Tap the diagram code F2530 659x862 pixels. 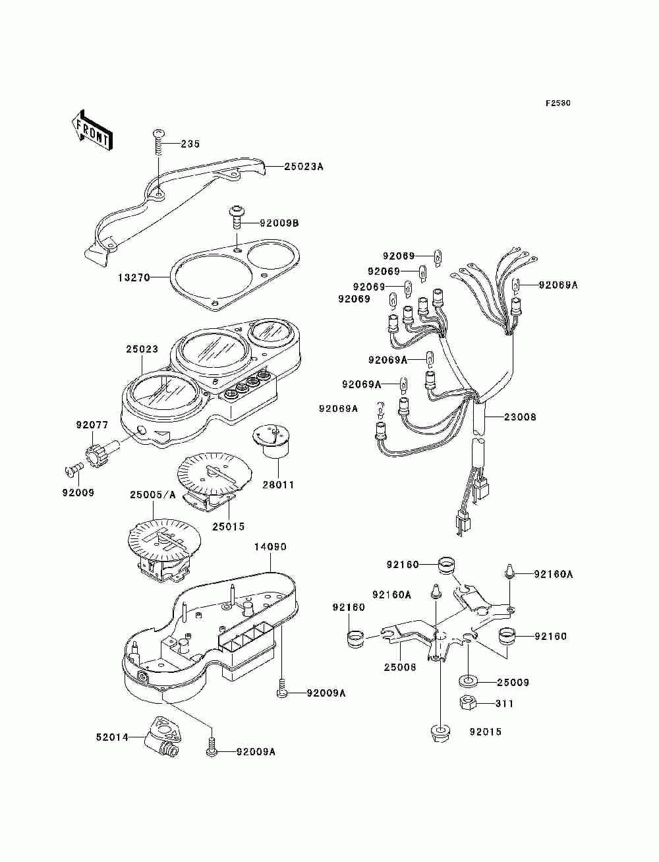558,103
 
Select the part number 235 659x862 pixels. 190,144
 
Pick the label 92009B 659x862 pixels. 279,223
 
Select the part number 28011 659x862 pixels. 278,484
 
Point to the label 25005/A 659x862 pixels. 152,494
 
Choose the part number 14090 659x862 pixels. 270,546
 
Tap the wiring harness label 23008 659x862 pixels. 520,417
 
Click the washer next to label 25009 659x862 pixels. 469,681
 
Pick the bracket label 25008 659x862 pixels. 401,667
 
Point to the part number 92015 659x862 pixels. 485,731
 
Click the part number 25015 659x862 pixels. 228,526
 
